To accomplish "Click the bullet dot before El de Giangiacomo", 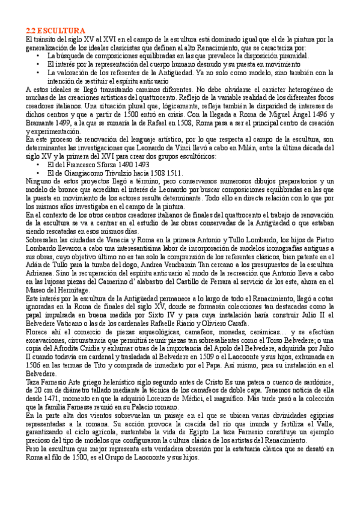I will click(38, 173).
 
